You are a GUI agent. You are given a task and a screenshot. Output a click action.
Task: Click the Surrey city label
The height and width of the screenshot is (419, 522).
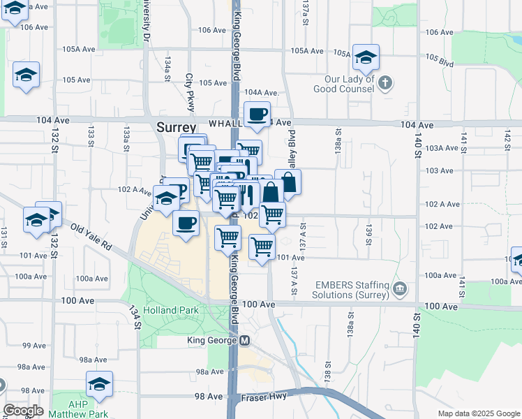pos(176,128)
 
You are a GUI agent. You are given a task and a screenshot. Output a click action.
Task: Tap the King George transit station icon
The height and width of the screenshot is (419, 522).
pos(244,341)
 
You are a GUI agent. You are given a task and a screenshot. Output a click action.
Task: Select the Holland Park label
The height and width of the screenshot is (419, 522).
pos(171,310)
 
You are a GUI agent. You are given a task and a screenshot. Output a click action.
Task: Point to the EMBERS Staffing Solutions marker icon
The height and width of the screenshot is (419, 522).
pos(400,288)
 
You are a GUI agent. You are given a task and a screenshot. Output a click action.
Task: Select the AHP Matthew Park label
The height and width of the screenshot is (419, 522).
pos(88,409)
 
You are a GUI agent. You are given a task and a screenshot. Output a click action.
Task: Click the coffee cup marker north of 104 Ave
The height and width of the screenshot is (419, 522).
pos(257,114)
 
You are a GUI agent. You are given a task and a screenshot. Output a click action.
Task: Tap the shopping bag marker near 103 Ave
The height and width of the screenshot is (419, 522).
pos(288,182)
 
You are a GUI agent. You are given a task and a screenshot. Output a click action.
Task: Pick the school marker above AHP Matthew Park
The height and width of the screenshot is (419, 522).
pos(100,384)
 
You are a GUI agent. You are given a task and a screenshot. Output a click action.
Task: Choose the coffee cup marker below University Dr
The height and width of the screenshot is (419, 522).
pos(186,224)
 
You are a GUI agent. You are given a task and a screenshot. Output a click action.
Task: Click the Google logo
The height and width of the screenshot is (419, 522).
pos(23,411)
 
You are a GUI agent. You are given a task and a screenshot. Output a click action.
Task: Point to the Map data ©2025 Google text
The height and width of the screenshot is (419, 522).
pos(479,413)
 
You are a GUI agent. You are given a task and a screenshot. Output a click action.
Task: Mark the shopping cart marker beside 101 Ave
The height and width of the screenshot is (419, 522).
pos(262,246)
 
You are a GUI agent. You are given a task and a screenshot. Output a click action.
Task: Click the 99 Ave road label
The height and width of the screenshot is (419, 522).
pos(34,346)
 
